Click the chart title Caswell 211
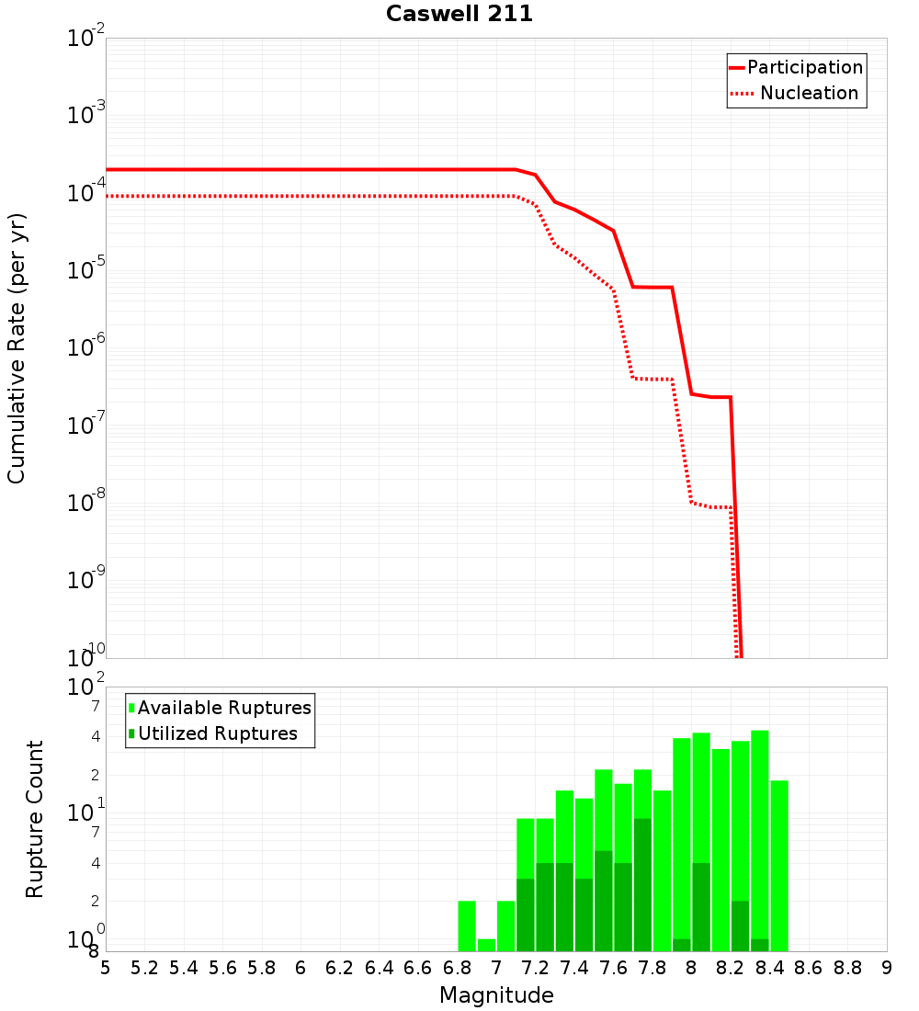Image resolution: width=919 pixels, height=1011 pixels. [459, 14]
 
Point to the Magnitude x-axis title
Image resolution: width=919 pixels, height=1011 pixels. [496, 995]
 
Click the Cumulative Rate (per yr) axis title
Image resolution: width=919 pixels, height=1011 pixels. [17, 348]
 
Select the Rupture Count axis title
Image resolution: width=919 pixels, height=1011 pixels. [35, 819]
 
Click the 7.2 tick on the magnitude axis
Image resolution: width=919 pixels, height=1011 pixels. [535, 968]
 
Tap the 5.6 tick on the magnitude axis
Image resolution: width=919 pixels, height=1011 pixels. [222, 968]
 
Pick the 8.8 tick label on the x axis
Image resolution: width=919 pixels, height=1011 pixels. [847, 968]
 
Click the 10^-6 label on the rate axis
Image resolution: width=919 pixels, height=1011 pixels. [87, 347]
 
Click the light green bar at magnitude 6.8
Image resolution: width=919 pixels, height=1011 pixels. [467, 926]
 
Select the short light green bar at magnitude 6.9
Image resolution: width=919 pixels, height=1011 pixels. [486, 945]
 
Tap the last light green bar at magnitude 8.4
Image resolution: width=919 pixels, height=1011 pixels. [779, 866]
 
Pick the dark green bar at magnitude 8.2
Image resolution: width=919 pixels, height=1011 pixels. [740, 926]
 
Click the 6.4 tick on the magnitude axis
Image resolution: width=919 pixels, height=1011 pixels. [379, 968]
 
